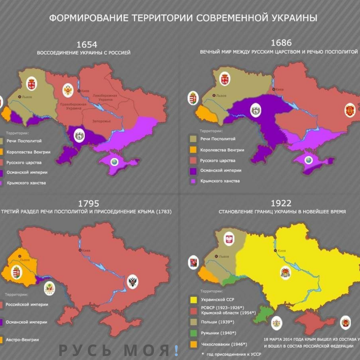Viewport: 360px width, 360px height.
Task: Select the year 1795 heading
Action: coord(88,203)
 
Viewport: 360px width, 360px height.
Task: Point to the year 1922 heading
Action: coord(281,203)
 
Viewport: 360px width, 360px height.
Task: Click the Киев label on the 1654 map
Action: coord(85,91)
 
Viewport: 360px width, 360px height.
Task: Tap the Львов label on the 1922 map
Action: coord(223,256)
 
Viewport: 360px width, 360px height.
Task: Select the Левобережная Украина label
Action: coord(105,98)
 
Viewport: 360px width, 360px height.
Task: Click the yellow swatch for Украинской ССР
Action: coord(193,300)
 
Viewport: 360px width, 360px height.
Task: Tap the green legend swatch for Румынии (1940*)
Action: coord(193,333)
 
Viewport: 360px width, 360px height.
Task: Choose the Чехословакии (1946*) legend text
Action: coord(224,344)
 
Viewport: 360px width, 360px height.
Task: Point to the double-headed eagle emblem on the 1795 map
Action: coord(133,282)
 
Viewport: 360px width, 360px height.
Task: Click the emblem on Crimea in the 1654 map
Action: coord(114,162)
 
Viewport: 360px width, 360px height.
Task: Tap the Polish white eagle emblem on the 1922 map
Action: coord(229,239)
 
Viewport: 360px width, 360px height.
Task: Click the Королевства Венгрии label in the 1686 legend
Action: coord(222,150)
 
